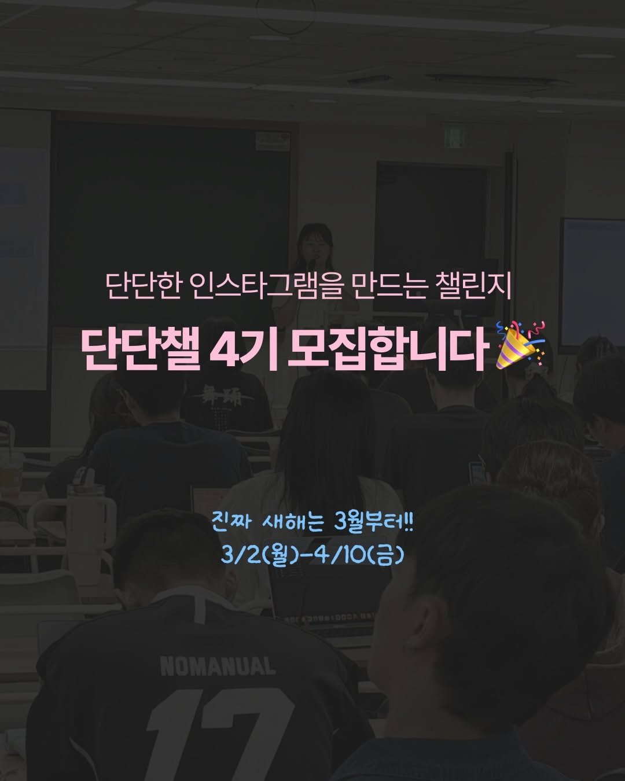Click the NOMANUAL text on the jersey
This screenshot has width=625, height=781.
(218, 666)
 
